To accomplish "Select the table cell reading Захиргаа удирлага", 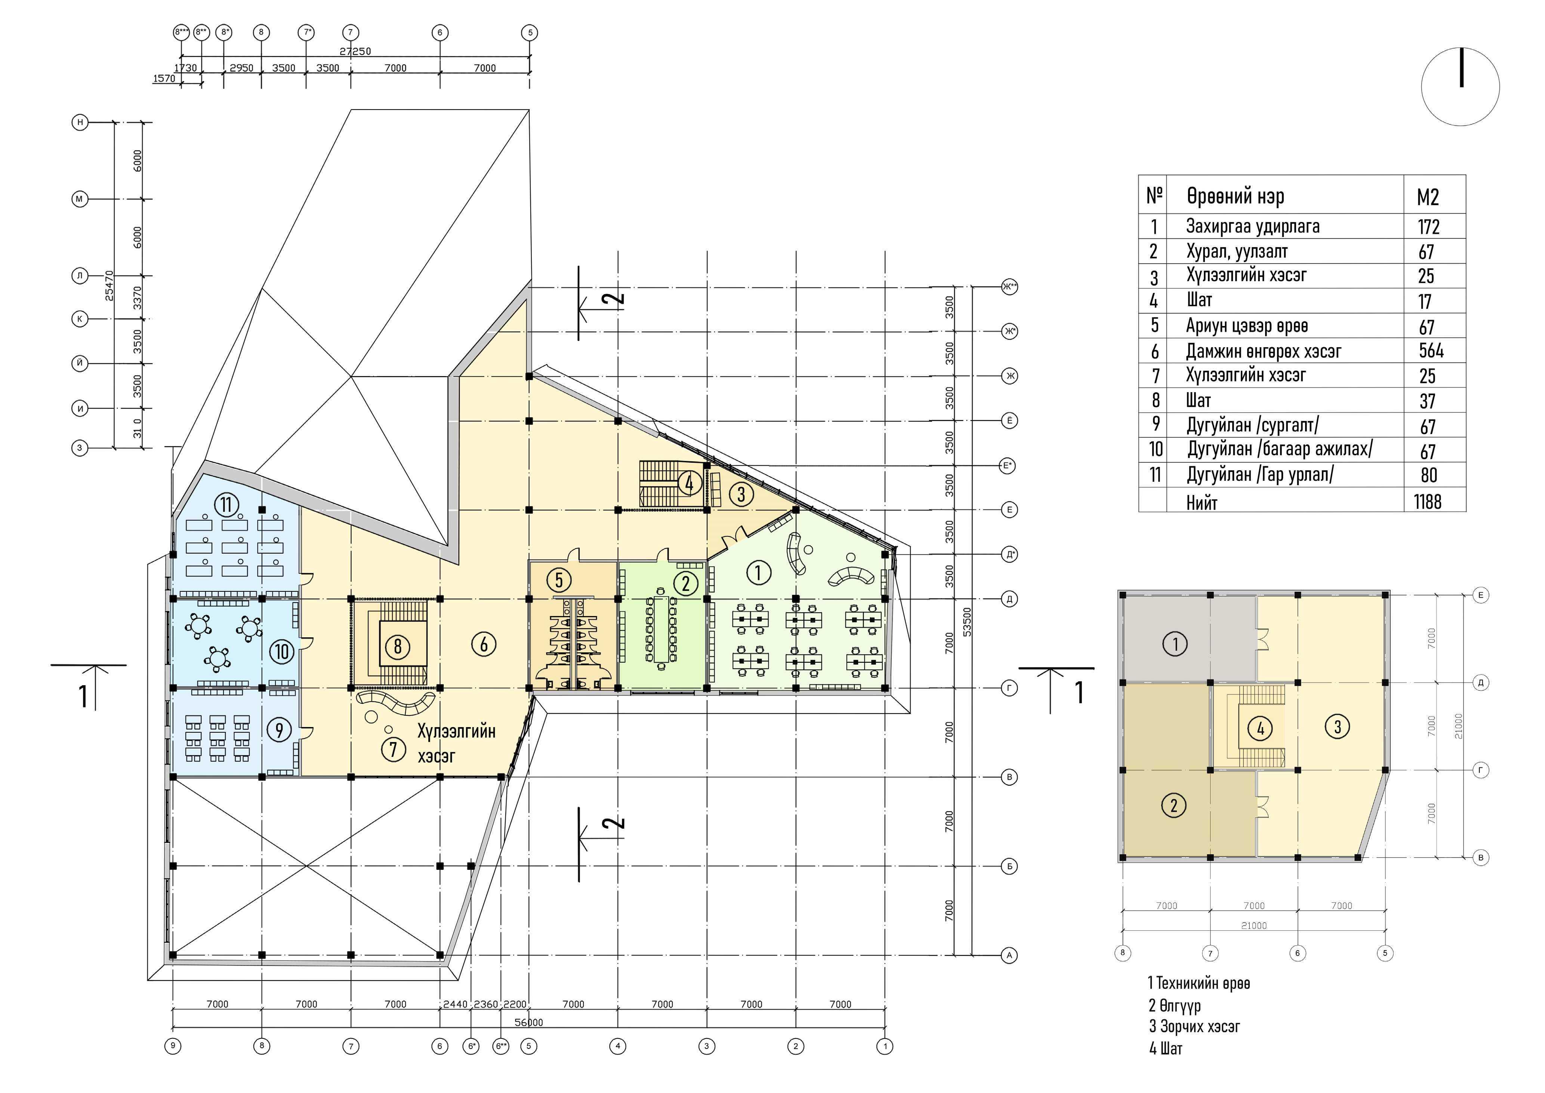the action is (x=1252, y=227).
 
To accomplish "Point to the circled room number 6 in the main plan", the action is (x=484, y=644).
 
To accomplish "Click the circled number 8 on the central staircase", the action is (x=398, y=647).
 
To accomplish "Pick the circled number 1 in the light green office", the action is (x=758, y=573).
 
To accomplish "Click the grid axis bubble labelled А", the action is (x=1009, y=955).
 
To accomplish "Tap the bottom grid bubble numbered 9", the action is (x=173, y=1046).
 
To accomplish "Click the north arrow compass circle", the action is (x=1460, y=87).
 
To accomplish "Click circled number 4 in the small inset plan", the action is (x=1260, y=728).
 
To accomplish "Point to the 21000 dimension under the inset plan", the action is (x=1253, y=926).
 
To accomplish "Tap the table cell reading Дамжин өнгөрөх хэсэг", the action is (x=1263, y=351).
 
